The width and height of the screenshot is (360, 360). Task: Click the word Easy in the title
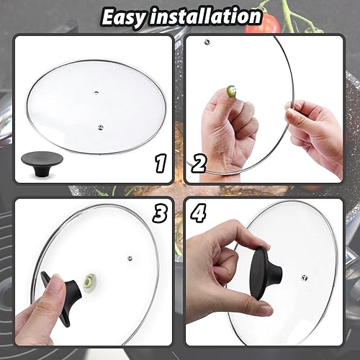(130, 16)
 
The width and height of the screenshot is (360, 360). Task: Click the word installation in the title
(209, 16)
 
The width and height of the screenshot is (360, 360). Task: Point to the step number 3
(161, 214)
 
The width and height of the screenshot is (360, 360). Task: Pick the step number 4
(199, 214)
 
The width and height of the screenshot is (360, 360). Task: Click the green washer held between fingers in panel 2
(231, 91)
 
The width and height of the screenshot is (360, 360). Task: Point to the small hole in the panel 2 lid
(207, 42)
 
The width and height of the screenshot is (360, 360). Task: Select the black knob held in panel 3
(58, 288)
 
